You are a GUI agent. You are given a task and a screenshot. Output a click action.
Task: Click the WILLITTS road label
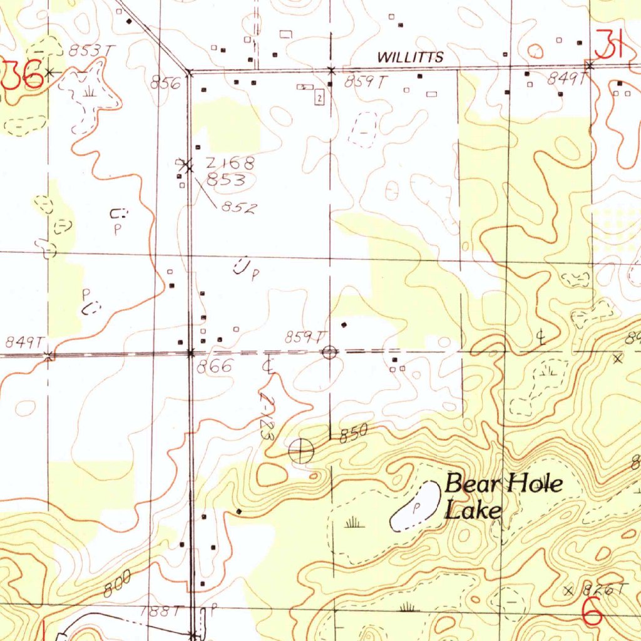click(x=411, y=58)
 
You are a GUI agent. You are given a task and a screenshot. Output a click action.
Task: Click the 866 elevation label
click(x=215, y=367)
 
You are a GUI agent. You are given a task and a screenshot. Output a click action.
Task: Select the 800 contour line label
click(x=117, y=587)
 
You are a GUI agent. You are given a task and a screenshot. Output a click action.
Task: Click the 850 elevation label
click(x=352, y=435)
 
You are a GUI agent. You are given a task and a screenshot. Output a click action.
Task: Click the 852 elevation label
click(x=238, y=209)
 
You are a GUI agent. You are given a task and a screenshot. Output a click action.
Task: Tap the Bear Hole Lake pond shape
click(x=416, y=506)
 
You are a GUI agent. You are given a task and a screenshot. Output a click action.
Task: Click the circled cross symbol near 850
click(x=302, y=450)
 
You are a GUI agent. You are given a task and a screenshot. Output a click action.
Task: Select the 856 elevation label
click(x=166, y=82)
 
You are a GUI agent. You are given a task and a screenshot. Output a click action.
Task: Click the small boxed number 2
click(x=319, y=98)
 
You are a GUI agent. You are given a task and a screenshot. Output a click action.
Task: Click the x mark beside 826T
click(x=569, y=590)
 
